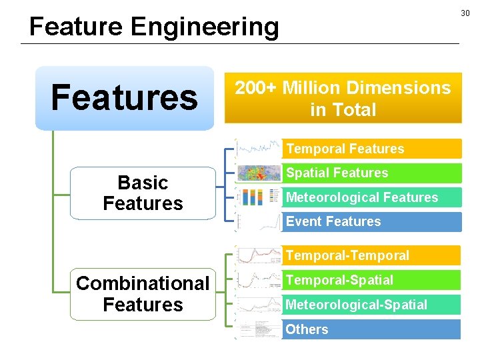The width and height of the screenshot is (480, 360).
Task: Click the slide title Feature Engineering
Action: (x=154, y=27)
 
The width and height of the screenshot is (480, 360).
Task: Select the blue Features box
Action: (x=125, y=97)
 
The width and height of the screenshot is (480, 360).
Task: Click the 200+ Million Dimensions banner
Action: (x=343, y=99)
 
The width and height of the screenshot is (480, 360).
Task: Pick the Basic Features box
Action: (x=143, y=193)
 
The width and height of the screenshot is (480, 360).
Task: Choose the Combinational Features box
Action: (x=143, y=294)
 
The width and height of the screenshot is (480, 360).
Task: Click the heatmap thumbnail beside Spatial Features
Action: (x=259, y=173)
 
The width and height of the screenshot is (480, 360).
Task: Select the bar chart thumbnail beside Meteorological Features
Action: (x=259, y=197)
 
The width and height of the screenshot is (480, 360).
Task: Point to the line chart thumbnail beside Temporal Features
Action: (x=259, y=148)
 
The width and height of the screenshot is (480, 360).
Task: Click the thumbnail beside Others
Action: (x=259, y=329)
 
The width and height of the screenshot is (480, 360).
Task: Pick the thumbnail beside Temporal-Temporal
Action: (x=259, y=255)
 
